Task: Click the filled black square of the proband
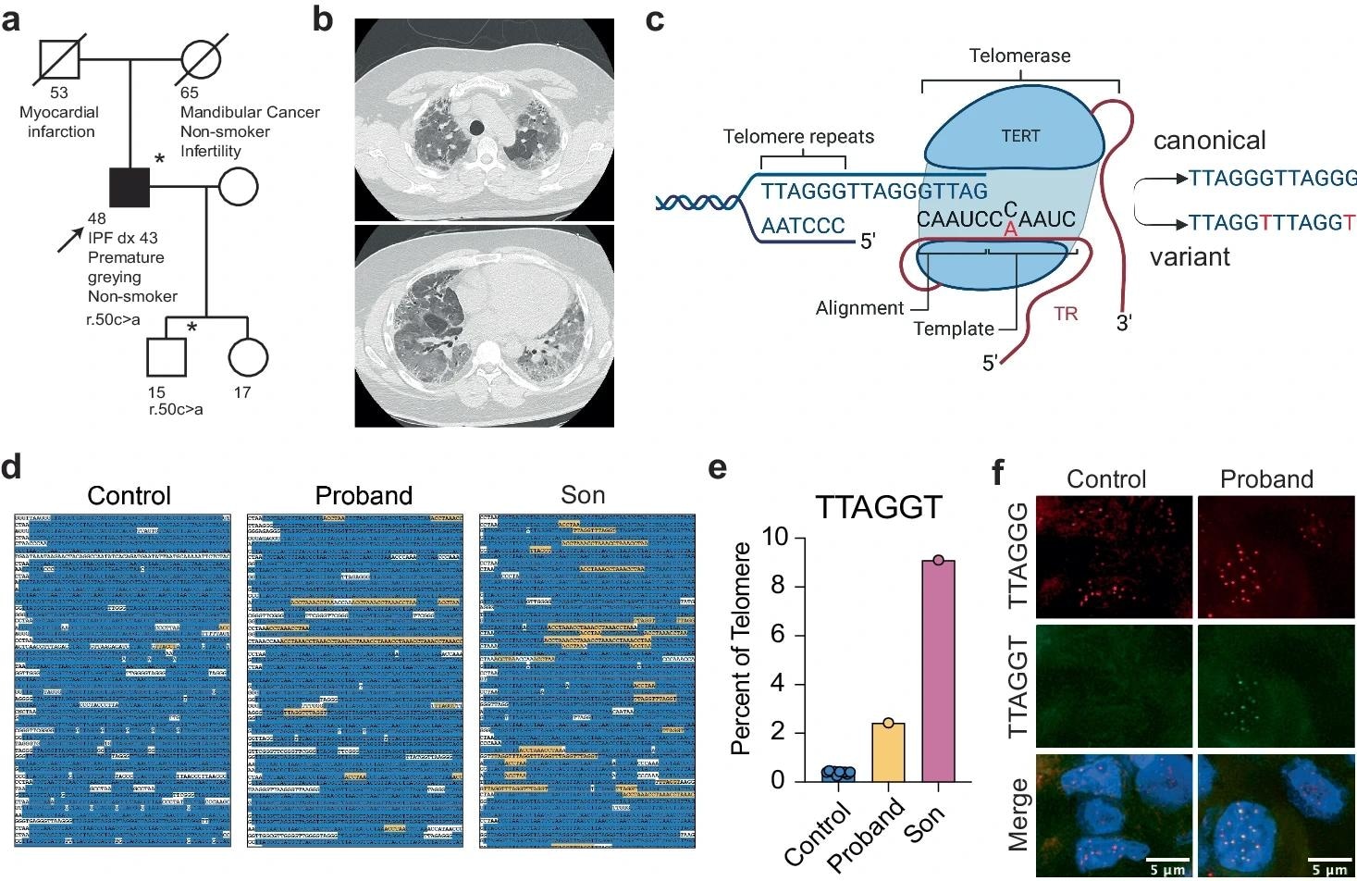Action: click(130, 188)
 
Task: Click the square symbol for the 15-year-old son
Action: click(167, 357)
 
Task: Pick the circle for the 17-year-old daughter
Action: click(248, 357)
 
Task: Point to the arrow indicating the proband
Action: click(69, 239)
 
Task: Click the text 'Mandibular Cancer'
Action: click(250, 112)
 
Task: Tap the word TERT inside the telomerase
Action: click(1020, 136)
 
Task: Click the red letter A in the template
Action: click(1010, 230)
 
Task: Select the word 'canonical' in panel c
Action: click(1209, 141)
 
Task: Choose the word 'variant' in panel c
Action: click(1190, 257)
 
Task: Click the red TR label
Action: click(1066, 314)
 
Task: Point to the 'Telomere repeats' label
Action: click(798, 137)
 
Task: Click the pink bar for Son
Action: click(938, 671)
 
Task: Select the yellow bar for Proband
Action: click(887, 751)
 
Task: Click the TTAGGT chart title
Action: click(878, 507)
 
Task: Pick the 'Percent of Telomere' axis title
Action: click(741, 648)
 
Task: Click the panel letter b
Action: click(322, 19)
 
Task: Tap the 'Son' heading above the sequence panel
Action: click(583, 495)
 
